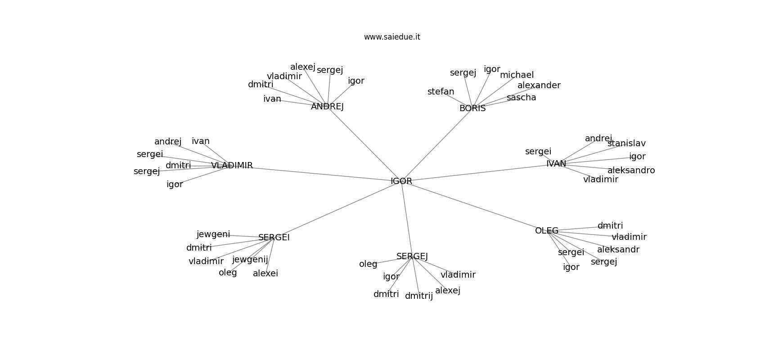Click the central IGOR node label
click(x=401, y=181)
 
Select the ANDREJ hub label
click(x=327, y=107)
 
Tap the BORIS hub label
click(x=472, y=108)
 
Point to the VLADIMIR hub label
click(x=232, y=165)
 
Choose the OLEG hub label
click(x=546, y=231)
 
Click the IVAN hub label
click(x=556, y=164)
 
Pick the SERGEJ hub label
click(x=412, y=256)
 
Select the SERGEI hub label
click(x=274, y=238)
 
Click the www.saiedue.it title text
click(x=392, y=37)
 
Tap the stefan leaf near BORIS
click(x=441, y=91)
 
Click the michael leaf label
click(x=517, y=75)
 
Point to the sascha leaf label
click(x=521, y=98)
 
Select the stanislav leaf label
click(x=626, y=144)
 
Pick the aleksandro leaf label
click(x=631, y=170)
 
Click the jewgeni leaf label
click(x=213, y=234)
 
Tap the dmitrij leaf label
click(x=418, y=296)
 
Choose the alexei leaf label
click(x=265, y=273)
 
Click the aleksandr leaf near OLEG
click(x=618, y=250)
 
